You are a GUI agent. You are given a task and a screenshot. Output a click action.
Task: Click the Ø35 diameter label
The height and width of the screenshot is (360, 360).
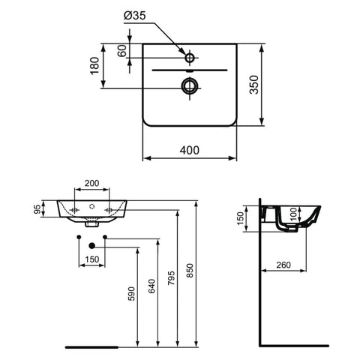pos(134,16)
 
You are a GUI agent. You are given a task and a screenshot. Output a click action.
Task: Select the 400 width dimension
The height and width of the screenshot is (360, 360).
pos(190,150)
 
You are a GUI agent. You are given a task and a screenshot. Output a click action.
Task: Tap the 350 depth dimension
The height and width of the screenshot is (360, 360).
pos(254,85)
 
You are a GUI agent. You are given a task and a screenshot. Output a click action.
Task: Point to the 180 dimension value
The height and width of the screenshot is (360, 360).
pos(94,66)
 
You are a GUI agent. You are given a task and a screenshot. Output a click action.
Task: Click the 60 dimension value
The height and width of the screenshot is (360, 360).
pos(122,51)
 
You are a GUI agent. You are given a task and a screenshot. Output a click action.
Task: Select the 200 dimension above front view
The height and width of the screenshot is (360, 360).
pos(91,183)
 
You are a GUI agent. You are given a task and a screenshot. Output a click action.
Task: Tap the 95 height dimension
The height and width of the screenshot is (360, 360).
pos(37,209)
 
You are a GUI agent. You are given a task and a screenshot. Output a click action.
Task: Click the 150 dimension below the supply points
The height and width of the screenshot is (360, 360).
pos(92,259)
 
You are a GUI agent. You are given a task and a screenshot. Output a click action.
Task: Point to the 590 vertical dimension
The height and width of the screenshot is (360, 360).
pos(131,293)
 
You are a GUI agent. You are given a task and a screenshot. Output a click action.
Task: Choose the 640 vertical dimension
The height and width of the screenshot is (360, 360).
pos(151,286)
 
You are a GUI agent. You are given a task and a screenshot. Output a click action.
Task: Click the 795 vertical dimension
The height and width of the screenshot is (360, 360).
pos(171,277)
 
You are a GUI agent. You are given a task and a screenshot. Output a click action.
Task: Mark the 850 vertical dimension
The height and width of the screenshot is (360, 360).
pos(190,270)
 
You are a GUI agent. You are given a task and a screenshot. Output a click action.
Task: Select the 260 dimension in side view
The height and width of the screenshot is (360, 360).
pos(283,265)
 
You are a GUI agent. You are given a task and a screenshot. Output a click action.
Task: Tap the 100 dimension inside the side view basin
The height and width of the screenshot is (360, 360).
pos(294,214)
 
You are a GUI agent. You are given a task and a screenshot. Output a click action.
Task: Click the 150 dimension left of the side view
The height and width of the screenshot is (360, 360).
pos(240,218)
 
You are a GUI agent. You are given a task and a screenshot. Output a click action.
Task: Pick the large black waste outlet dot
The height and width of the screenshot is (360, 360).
pos(91,246)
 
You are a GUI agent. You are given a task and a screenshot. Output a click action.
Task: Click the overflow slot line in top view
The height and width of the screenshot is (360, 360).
pos(190,70)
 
